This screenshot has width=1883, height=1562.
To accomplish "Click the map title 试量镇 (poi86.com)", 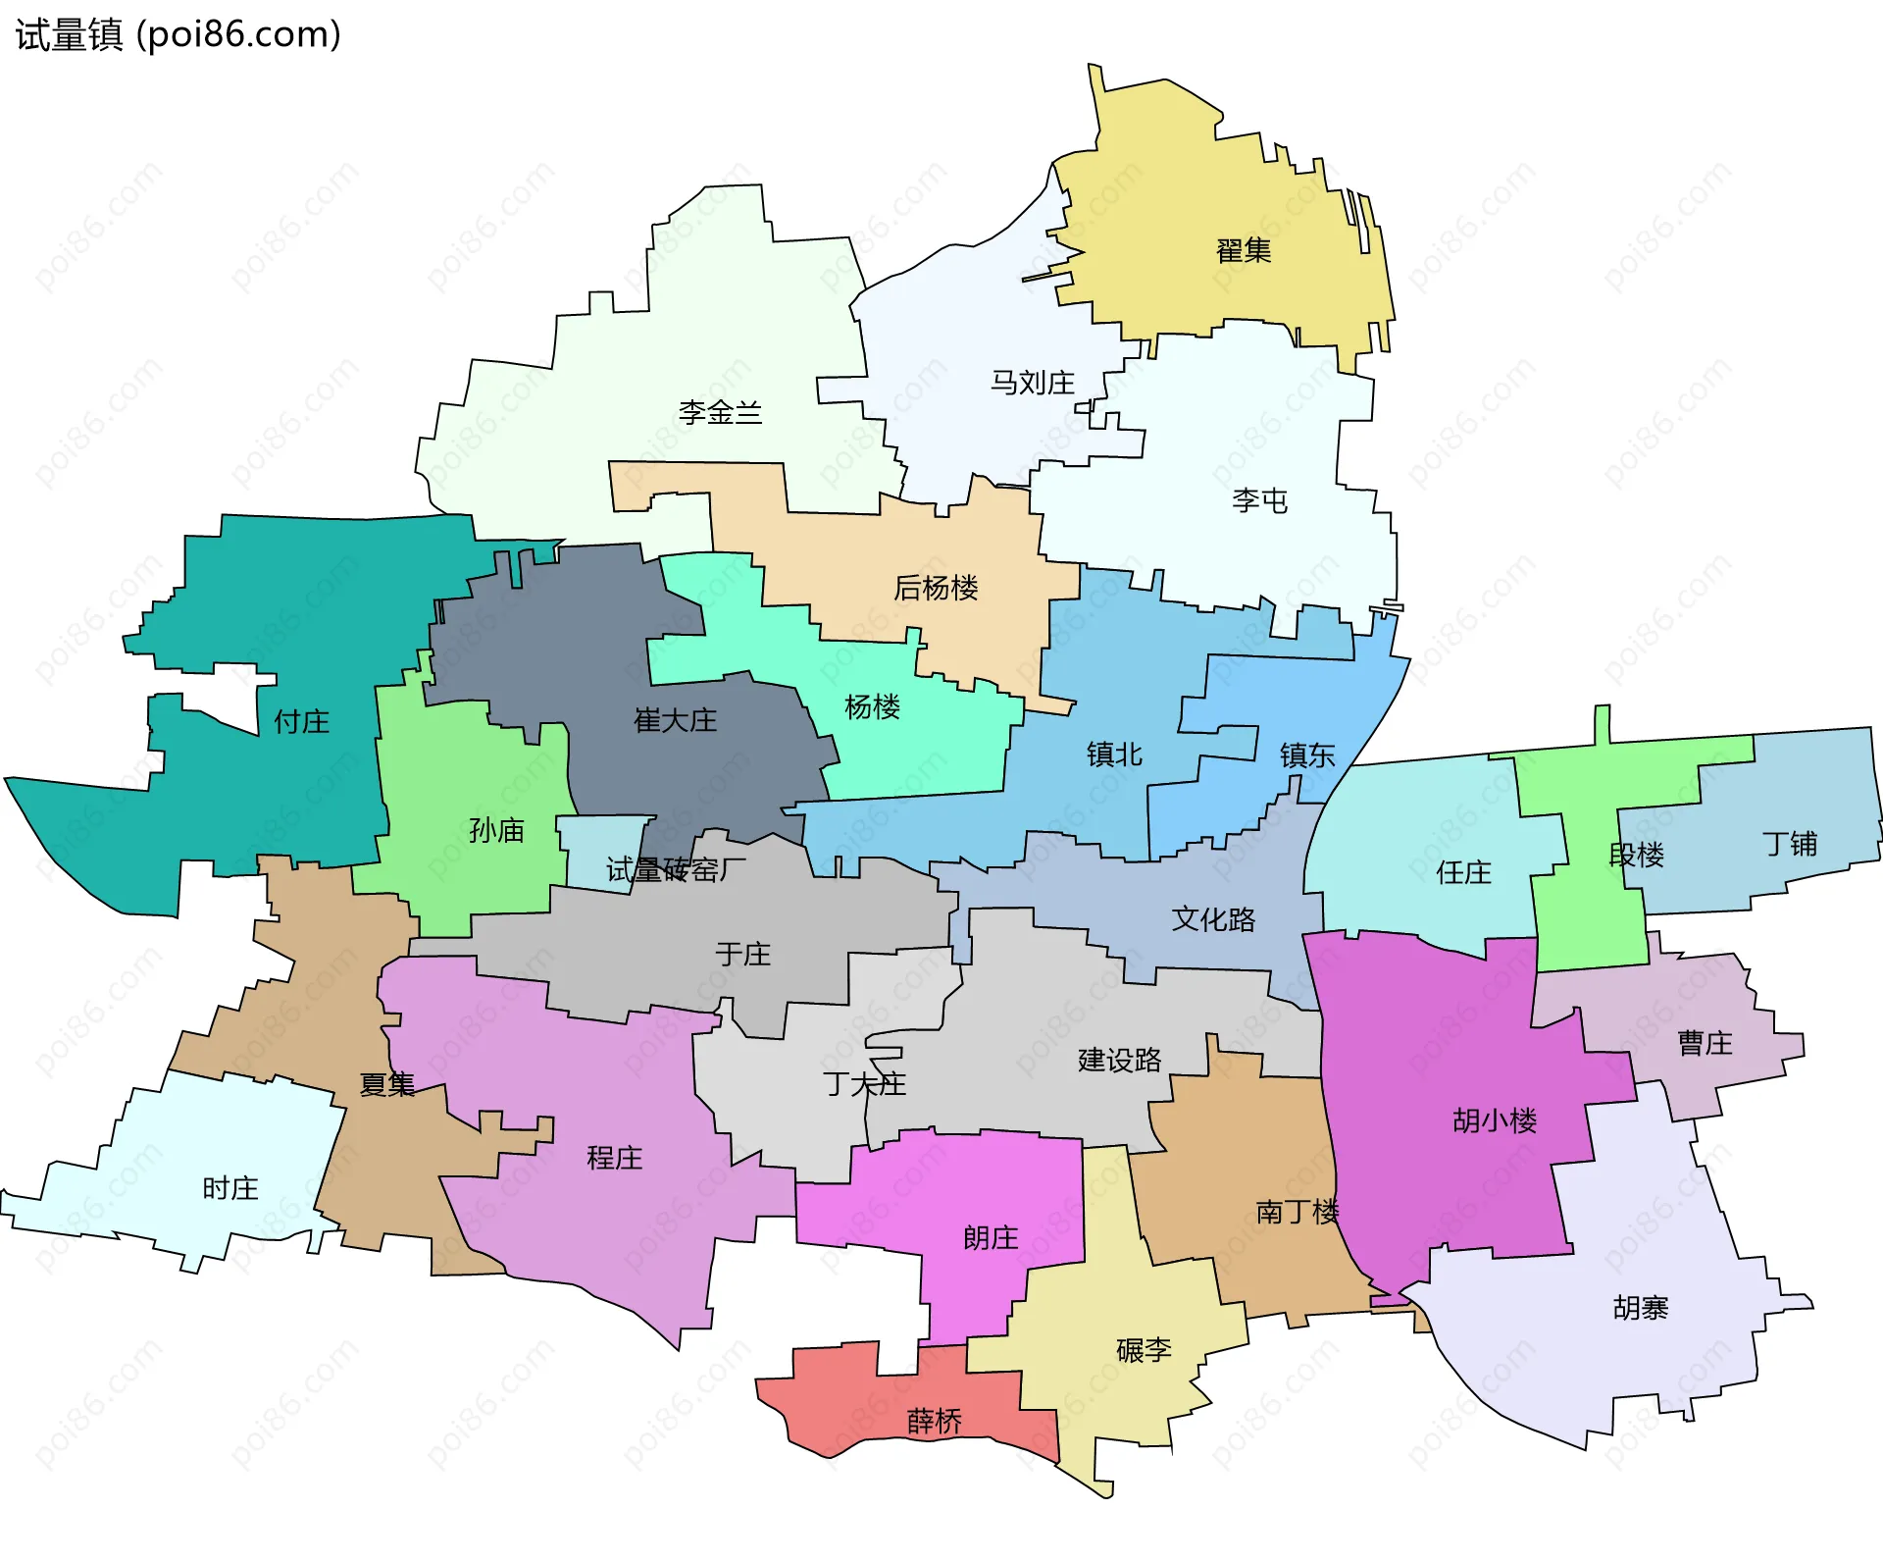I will click(178, 35).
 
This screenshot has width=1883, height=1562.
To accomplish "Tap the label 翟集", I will click(1243, 251).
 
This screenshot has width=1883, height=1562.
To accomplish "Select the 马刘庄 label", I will click(1032, 383).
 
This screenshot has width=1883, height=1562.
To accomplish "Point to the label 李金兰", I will click(720, 412).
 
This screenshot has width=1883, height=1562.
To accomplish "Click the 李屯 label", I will click(1259, 501).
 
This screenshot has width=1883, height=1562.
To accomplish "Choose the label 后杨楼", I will click(936, 588).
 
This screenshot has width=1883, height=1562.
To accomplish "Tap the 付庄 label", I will click(301, 722).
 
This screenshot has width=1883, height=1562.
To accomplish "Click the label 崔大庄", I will click(675, 721).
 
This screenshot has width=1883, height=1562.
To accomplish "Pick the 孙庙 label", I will click(496, 831).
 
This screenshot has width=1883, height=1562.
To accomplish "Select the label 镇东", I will click(1306, 755).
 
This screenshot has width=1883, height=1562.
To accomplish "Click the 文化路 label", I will click(1213, 919).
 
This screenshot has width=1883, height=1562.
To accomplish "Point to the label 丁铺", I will click(1789, 844).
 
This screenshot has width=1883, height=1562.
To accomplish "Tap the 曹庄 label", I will click(1705, 1043).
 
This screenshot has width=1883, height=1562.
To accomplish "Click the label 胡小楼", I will click(1494, 1120).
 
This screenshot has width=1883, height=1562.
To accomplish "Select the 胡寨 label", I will click(1640, 1308).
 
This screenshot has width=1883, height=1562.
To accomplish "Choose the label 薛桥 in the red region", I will click(934, 1421).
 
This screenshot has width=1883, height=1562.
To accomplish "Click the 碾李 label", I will click(1144, 1350).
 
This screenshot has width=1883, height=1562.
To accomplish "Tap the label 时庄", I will click(229, 1189).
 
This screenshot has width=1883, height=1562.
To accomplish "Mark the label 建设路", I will click(1119, 1061).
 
